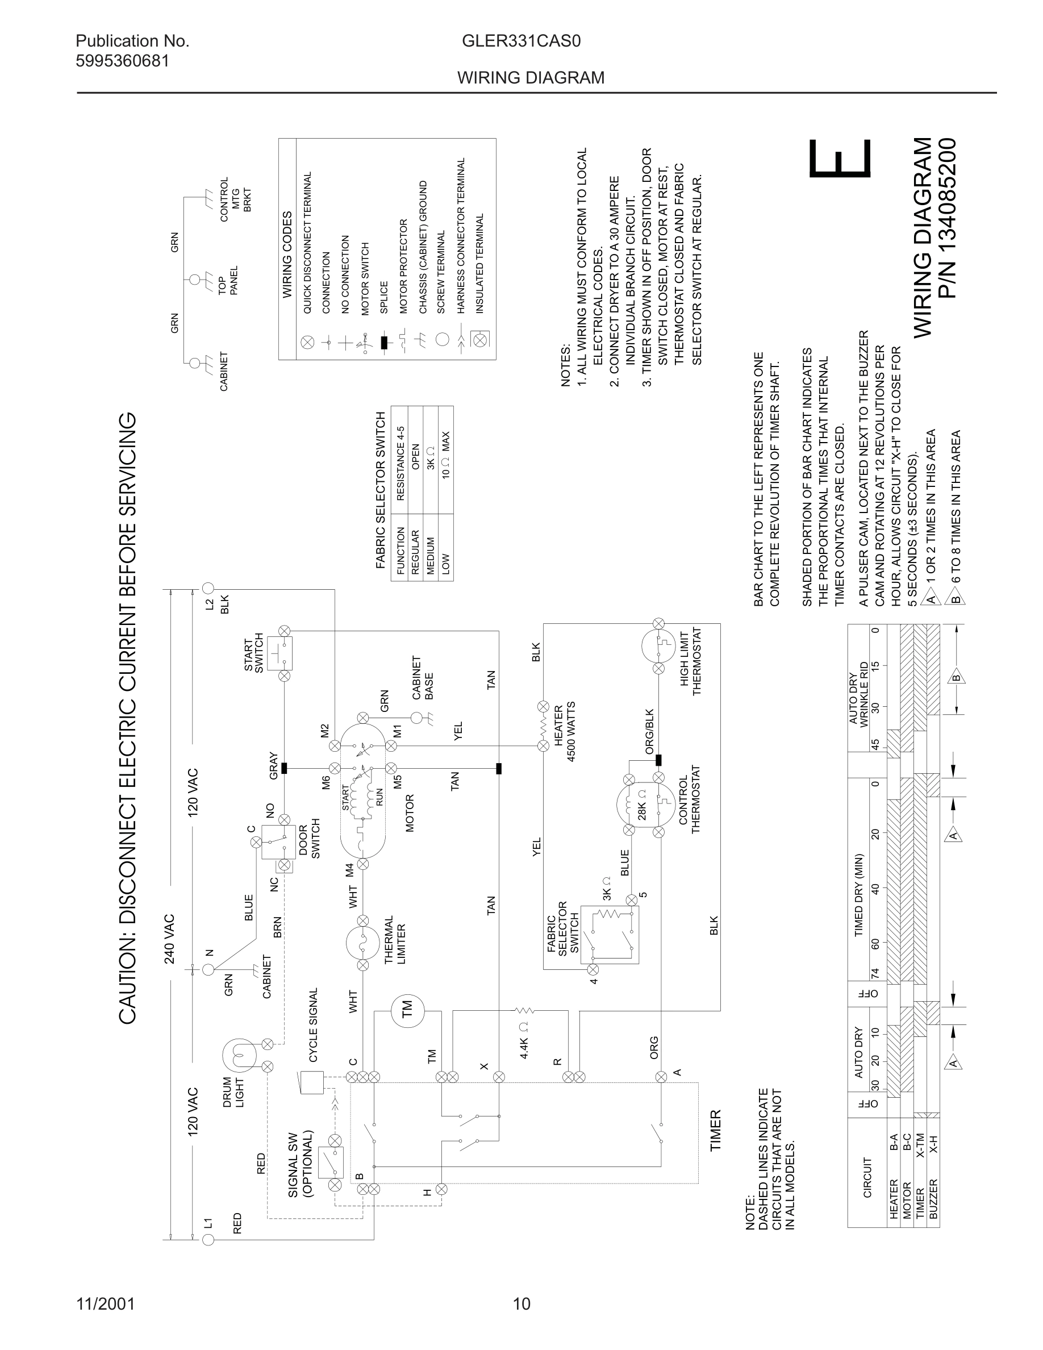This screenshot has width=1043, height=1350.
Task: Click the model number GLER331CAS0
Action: tap(521, 41)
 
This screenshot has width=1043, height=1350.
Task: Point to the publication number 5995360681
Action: tap(122, 61)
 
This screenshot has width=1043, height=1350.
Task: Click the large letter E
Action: tap(840, 159)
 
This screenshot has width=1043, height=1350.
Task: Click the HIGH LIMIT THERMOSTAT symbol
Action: tap(658, 645)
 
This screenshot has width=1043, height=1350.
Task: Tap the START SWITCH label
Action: tap(254, 652)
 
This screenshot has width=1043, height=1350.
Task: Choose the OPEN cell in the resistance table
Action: tap(415, 456)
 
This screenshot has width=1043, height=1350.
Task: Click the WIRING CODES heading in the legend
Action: tap(287, 255)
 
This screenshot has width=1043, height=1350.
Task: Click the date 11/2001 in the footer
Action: tap(105, 1304)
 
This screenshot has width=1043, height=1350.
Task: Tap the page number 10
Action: tap(521, 1304)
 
